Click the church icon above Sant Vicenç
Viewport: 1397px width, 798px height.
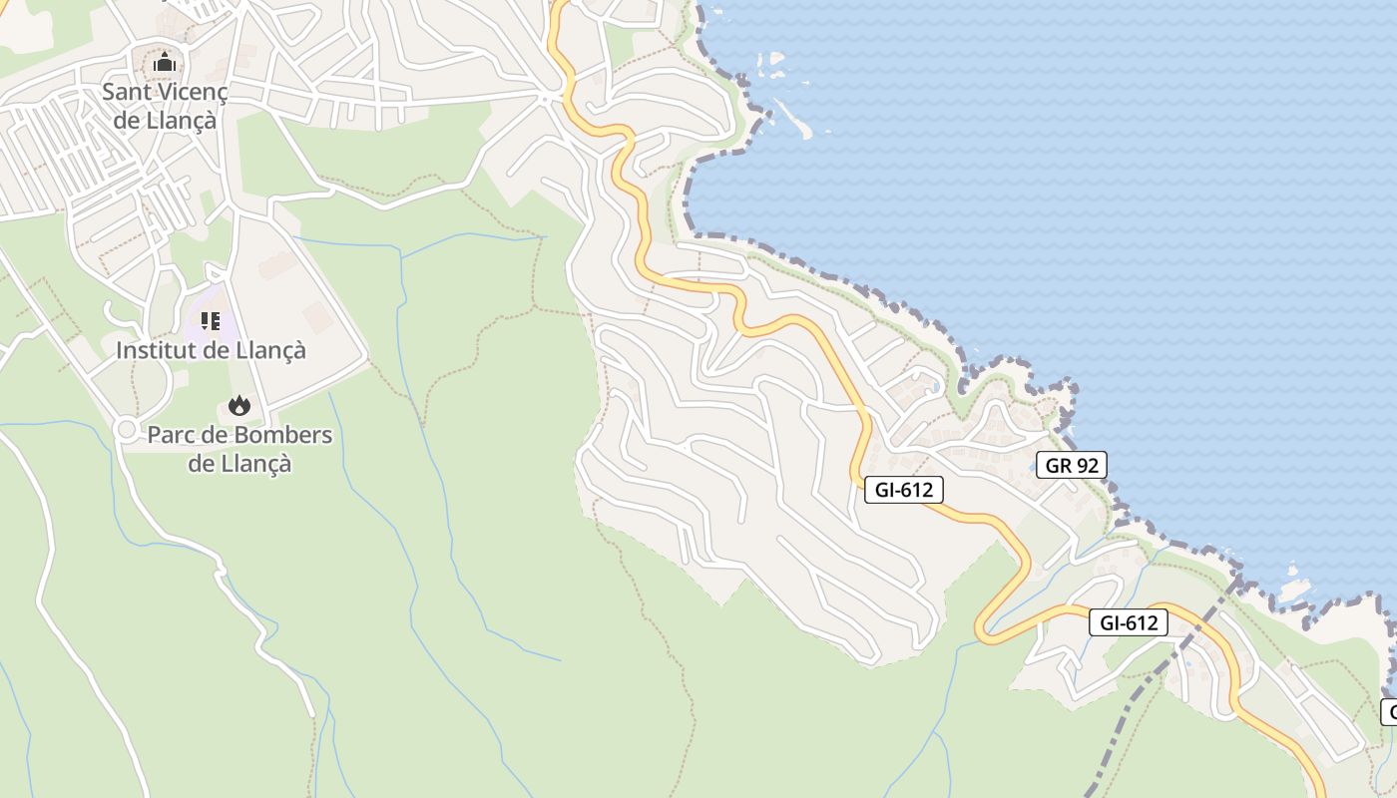click(165, 64)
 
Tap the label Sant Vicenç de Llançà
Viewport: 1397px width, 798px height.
click(165, 107)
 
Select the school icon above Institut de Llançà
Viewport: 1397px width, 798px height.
click(210, 321)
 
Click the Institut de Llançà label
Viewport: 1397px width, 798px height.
click(211, 351)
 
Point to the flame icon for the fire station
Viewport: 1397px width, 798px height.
click(238, 405)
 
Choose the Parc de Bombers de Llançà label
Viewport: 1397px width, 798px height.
click(239, 449)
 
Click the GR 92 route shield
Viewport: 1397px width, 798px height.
click(1071, 465)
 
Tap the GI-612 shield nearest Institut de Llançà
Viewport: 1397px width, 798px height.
click(903, 489)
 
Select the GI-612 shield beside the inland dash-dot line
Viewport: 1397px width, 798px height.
click(1128, 622)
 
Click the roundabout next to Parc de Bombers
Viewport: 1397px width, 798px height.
click(126, 429)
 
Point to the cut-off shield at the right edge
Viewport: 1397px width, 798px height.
click(1389, 712)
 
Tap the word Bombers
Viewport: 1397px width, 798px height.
click(283, 436)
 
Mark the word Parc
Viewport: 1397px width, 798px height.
click(170, 436)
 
